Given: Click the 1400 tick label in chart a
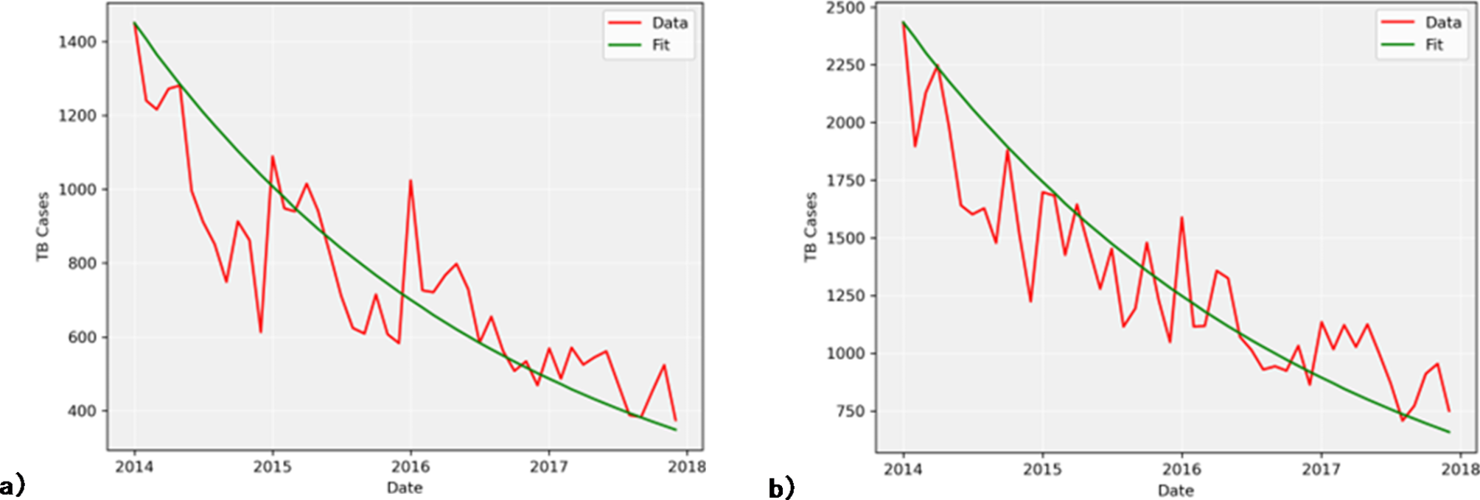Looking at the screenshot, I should click(x=77, y=42).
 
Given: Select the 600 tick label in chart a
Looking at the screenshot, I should click(x=82, y=337).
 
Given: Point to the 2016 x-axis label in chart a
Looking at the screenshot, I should click(x=411, y=467).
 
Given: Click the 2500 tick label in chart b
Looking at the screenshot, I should click(x=845, y=8).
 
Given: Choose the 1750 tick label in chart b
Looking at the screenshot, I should click(x=845, y=180).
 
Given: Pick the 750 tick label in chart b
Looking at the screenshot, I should click(x=850, y=412).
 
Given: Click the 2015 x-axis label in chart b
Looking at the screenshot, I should click(x=1042, y=470).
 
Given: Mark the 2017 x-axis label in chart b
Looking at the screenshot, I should click(x=1321, y=470).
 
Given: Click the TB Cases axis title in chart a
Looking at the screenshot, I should click(x=43, y=226).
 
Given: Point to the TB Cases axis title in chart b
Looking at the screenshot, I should click(x=811, y=227).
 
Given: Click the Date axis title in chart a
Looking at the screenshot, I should click(x=405, y=487).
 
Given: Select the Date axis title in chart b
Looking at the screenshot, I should click(x=1175, y=490).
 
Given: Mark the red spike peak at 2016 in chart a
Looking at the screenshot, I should click(x=411, y=181).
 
